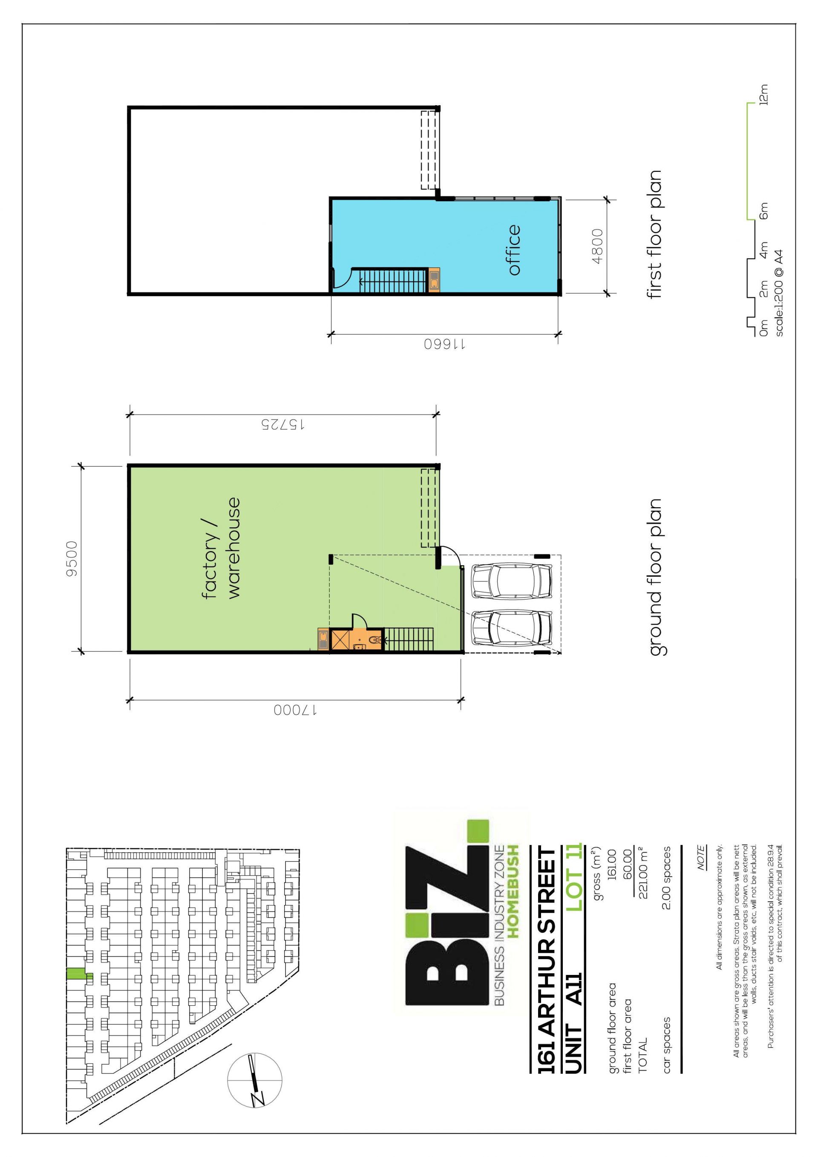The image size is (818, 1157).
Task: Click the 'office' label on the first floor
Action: click(x=514, y=249)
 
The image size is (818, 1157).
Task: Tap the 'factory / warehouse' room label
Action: click(x=221, y=548)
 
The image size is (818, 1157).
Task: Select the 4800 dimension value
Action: click(x=597, y=246)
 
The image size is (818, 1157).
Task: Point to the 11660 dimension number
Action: click(x=444, y=345)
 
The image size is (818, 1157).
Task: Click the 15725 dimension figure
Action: click(x=282, y=425)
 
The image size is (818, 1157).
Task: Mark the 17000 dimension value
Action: click(x=295, y=710)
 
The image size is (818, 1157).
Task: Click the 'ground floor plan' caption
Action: click(x=655, y=577)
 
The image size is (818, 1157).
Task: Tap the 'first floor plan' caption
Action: click(x=655, y=234)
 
